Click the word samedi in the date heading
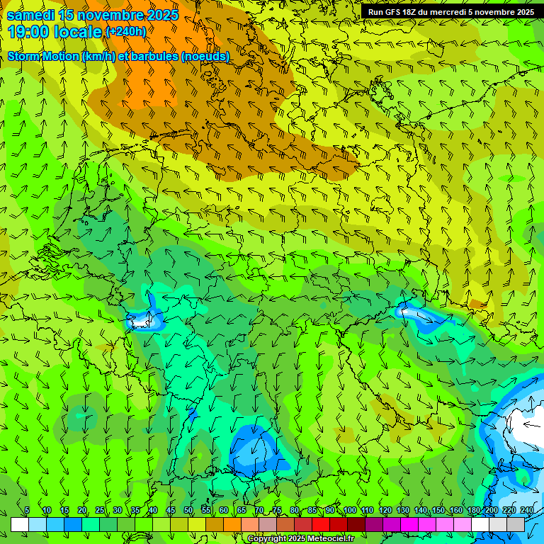(x=30, y=14)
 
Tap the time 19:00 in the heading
(x=28, y=32)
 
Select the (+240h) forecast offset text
(x=125, y=32)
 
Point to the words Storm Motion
(x=43, y=57)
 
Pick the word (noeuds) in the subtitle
(x=205, y=57)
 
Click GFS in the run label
(x=395, y=12)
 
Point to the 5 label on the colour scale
(x=27, y=510)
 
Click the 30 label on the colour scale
(x=118, y=510)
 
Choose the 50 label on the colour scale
(x=188, y=510)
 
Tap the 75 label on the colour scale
(x=277, y=510)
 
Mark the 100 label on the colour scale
(x=349, y=510)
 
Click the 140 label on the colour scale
(x=420, y=510)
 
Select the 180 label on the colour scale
(x=473, y=510)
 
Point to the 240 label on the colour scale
(x=526, y=510)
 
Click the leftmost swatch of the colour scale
(x=20, y=524)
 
